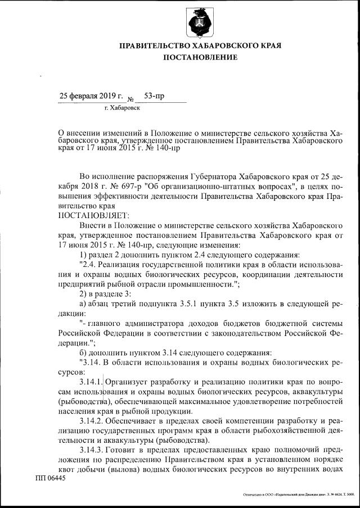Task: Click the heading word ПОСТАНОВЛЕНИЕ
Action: point(200,57)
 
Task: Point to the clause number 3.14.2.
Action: point(92,421)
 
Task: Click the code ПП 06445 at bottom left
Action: point(50,478)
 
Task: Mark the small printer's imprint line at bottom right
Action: point(298,495)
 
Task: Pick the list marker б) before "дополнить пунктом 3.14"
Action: point(84,352)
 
